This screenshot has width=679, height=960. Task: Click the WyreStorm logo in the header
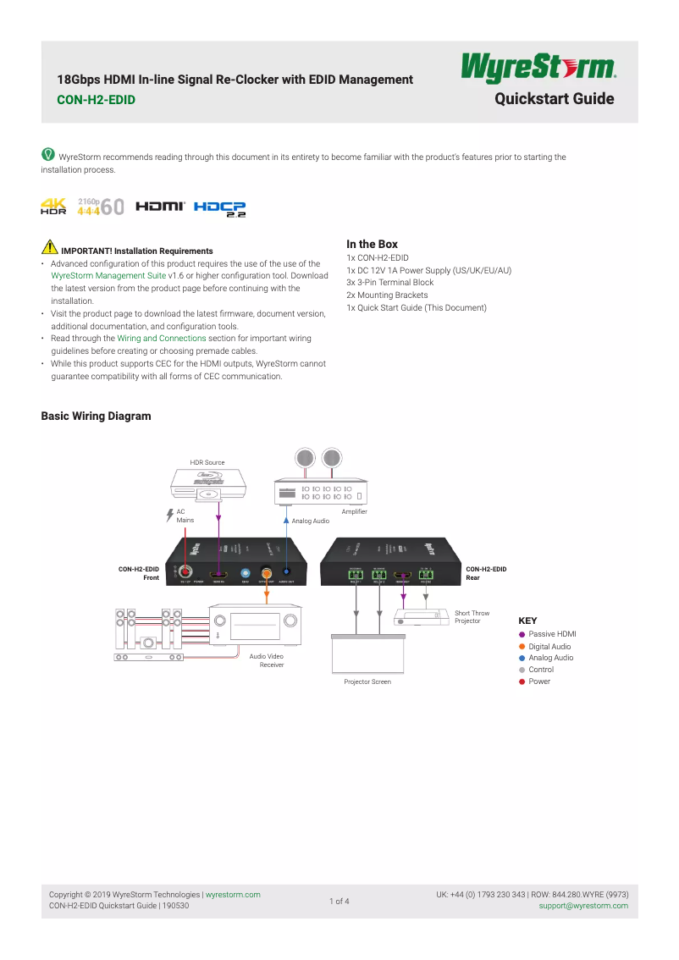coord(538,69)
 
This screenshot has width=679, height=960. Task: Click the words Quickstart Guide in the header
coord(554,99)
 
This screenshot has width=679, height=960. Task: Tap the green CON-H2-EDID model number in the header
coord(96,100)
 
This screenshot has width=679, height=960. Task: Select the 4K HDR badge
coord(53,206)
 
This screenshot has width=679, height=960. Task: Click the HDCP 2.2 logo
coord(220,207)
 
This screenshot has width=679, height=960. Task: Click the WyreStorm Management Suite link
coord(108,276)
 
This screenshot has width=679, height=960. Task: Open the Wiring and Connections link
coord(161,338)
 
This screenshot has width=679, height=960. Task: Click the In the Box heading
coord(372,244)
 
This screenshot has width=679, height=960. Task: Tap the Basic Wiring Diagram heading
coord(96,416)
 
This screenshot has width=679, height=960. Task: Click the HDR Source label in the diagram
coord(207,462)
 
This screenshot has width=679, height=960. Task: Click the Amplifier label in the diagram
coord(354,512)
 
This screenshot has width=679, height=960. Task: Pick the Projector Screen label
coord(367,681)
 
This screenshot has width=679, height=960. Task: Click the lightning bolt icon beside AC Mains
coord(168,515)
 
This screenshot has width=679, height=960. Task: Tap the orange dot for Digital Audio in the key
coord(522,647)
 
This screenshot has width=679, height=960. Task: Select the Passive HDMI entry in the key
coord(551,634)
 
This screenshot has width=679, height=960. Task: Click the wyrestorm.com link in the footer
coord(233,895)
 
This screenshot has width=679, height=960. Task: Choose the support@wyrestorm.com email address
coord(583,906)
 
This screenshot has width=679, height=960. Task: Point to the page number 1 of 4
coord(339,901)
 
